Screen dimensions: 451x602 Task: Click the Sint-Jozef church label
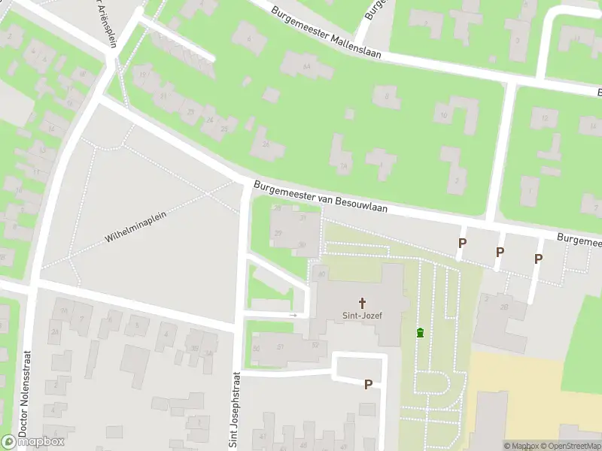tap(363, 316)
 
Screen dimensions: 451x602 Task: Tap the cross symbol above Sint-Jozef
tap(363, 303)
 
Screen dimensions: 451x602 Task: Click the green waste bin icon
tap(420, 333)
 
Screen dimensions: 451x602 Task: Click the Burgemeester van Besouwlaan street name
tap(320, 197)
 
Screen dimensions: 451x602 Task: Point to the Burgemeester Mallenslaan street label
tap(326, 32)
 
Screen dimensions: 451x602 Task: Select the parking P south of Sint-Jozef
tap(368, 384)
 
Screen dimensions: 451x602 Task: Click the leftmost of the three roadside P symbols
tap(462, 243)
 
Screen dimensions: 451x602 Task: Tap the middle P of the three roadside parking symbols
tap(500, 252)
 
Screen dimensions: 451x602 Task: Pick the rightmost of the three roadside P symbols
tap(538, 259)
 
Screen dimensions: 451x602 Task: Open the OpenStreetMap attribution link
tap(568, 446)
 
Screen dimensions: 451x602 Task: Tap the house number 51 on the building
tap(281, 347)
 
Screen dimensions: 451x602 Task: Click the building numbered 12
tap(543, 118)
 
